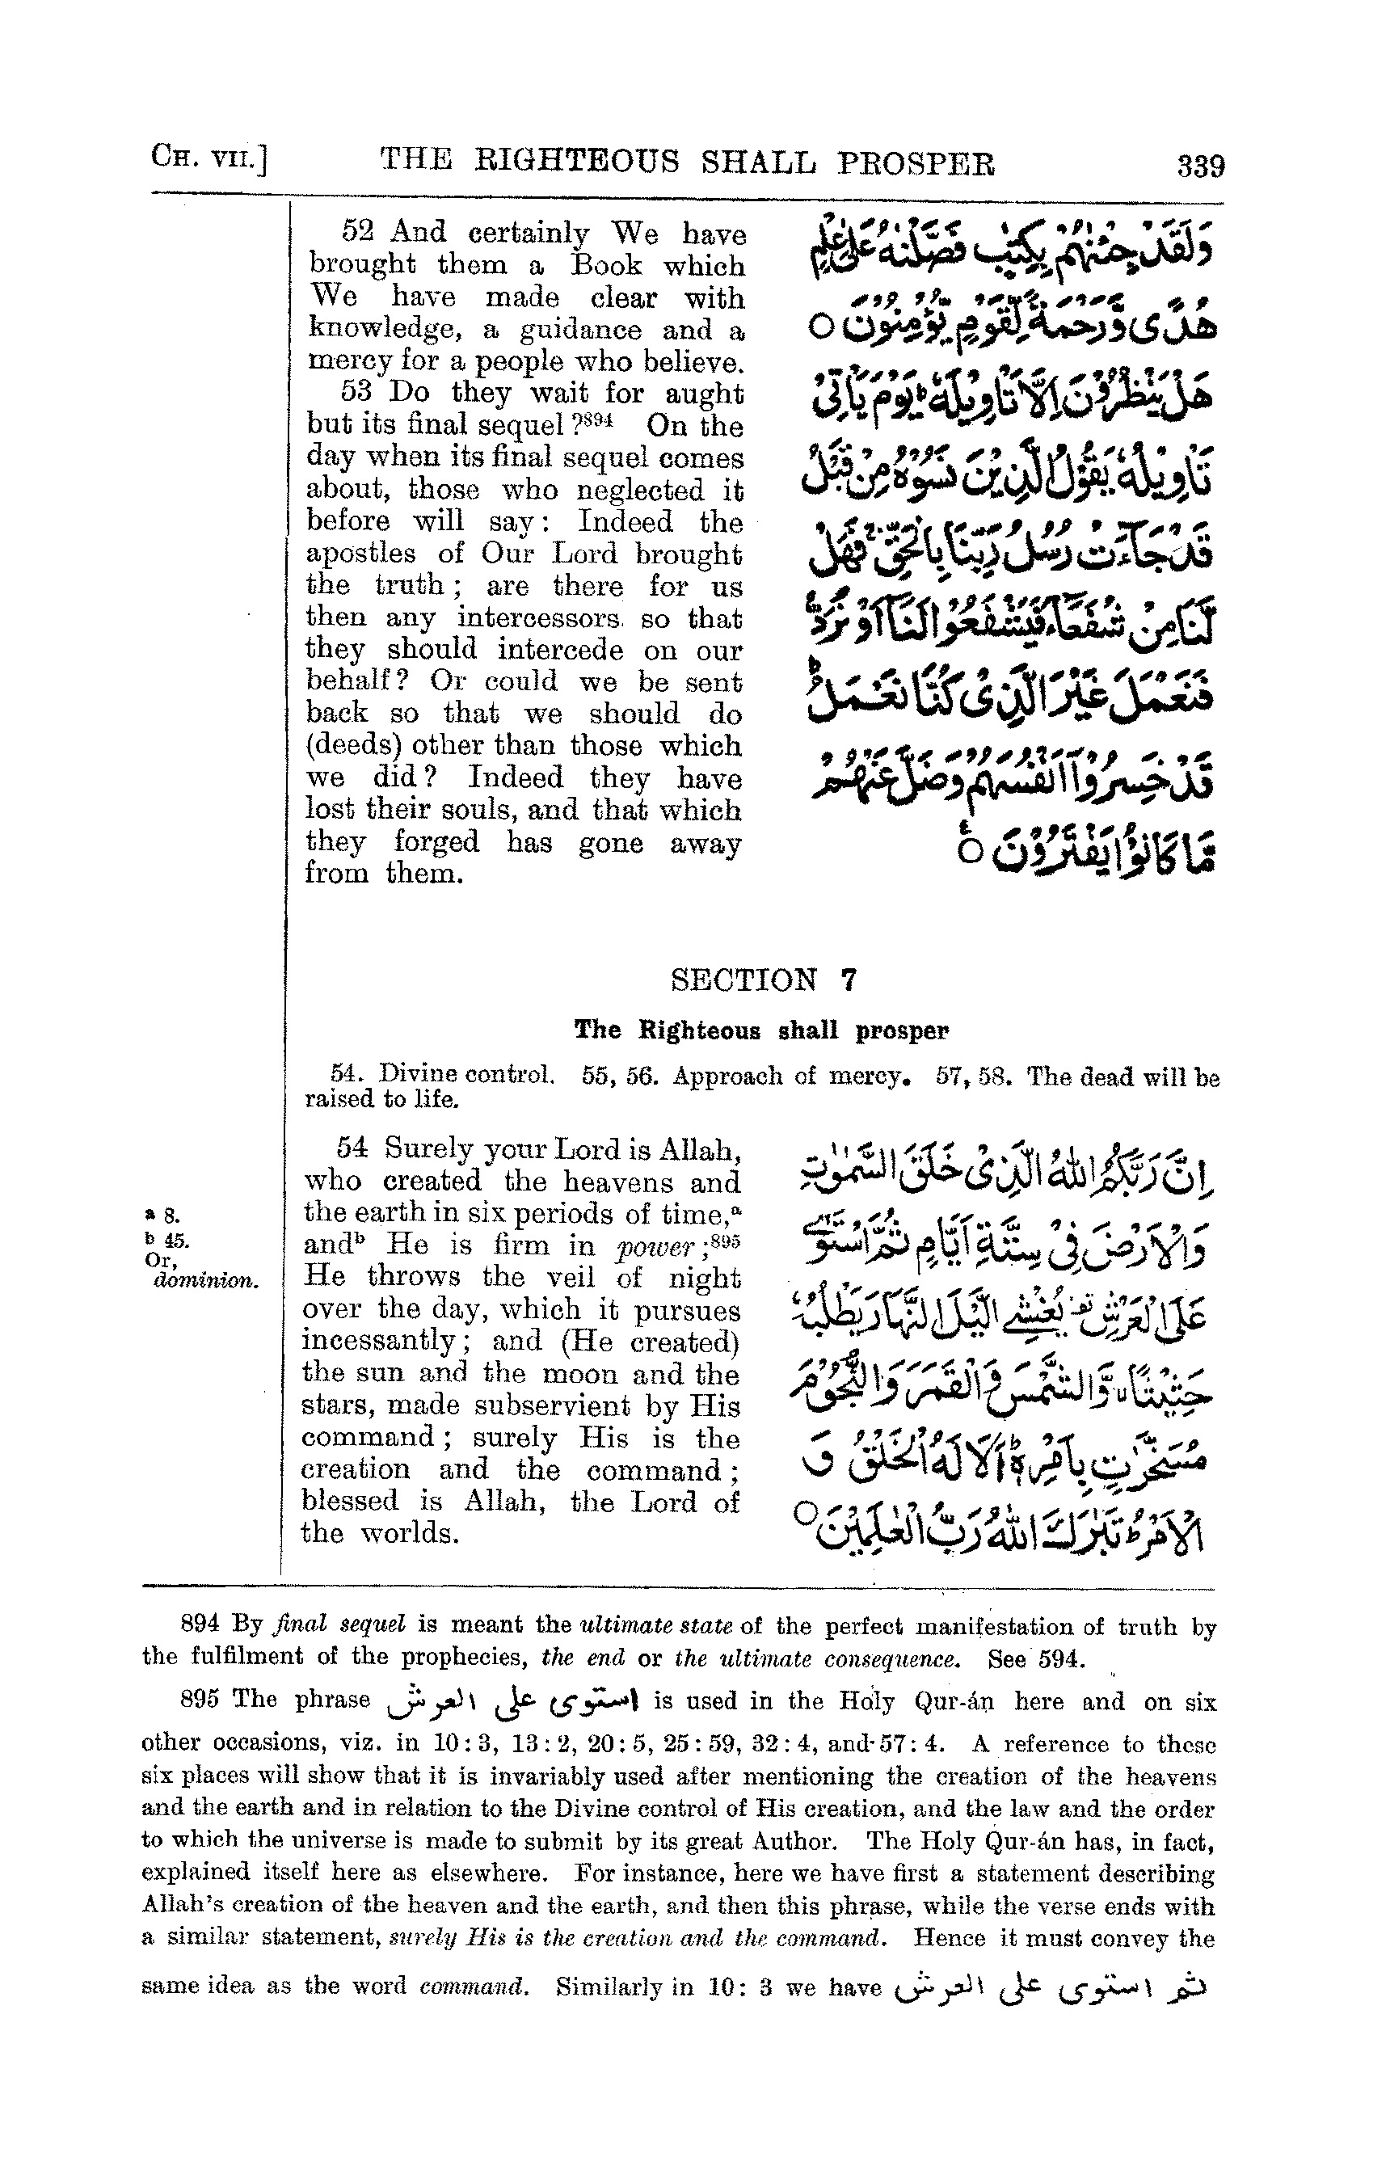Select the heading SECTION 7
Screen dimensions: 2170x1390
[763, 980]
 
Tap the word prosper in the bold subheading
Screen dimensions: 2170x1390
[902, 1030]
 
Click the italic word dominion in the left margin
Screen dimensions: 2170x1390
[205, 1280]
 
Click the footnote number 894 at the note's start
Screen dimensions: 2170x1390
[200, 1624]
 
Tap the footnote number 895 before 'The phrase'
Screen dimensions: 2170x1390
[200, 1700]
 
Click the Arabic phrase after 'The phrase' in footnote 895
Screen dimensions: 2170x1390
[511, 1701]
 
